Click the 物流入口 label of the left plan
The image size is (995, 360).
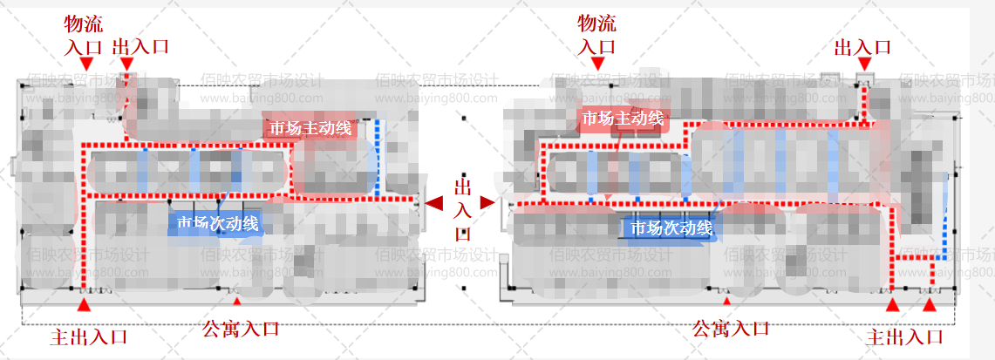click(84, 35)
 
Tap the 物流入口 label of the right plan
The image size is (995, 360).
click(597, 35)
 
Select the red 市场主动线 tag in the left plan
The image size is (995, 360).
click(310, 128)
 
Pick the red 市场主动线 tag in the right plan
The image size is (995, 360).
click(623, 119)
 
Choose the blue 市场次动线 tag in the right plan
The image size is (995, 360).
click(671, 228)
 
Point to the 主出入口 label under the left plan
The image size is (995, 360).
click(89, 336)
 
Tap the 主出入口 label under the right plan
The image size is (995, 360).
click(906, 336)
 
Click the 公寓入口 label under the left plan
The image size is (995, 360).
click(241, 329)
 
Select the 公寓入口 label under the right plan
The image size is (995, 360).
click(731, 329)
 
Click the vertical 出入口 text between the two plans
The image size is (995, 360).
click(462, 209)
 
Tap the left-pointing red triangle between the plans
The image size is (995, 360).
click(434, 203)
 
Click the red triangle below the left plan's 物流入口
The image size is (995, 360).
click(85, 64)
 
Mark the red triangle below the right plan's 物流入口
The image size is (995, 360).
click(597, 64)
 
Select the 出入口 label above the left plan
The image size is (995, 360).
click(140, 46)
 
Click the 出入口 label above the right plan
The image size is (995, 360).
click(862, 46)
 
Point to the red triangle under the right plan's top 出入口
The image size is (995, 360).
click(863, 64)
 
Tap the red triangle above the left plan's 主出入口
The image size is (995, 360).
click(84, 304)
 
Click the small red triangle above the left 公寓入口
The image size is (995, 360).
click(235, 301)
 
